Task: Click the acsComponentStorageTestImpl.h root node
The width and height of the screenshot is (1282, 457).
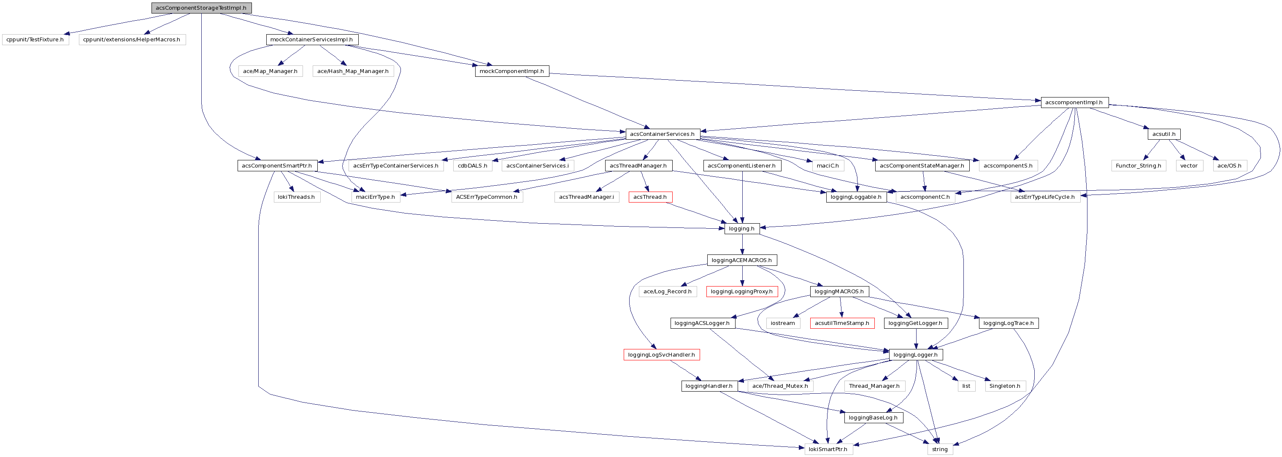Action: (201, 8)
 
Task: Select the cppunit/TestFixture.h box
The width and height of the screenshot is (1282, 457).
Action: (35, 39)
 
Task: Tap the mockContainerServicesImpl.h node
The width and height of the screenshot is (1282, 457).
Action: (311, 39)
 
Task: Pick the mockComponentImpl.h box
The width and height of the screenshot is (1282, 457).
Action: (511, 71)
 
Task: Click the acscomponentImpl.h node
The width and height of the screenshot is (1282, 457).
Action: (1074, 103)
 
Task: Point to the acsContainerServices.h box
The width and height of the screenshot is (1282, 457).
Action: (662, 134)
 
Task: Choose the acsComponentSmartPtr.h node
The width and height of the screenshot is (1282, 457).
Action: (277, 166)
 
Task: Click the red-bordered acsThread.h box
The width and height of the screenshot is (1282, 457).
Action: (650, 197)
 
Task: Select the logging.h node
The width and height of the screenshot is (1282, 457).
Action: (741, 229)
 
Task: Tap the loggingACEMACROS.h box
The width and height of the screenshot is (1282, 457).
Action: (741, 260)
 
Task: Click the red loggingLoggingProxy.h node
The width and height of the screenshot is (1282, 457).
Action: (741, 292)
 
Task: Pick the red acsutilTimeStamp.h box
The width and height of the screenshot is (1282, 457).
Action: (842, 323)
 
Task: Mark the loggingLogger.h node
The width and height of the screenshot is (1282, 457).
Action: (915, 355)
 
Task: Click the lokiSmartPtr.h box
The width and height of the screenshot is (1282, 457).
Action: (828, 449)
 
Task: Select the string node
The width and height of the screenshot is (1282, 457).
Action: (940, 449)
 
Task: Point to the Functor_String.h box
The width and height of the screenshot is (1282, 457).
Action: (1139, 166)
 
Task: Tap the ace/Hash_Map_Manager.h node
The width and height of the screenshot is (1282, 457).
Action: (353, 71)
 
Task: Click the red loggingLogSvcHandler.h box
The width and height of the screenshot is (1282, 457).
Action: (661, 355)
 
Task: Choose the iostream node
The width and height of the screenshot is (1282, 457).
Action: (783, 323)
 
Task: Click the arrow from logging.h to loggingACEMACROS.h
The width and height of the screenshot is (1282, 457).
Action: (742, 244)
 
